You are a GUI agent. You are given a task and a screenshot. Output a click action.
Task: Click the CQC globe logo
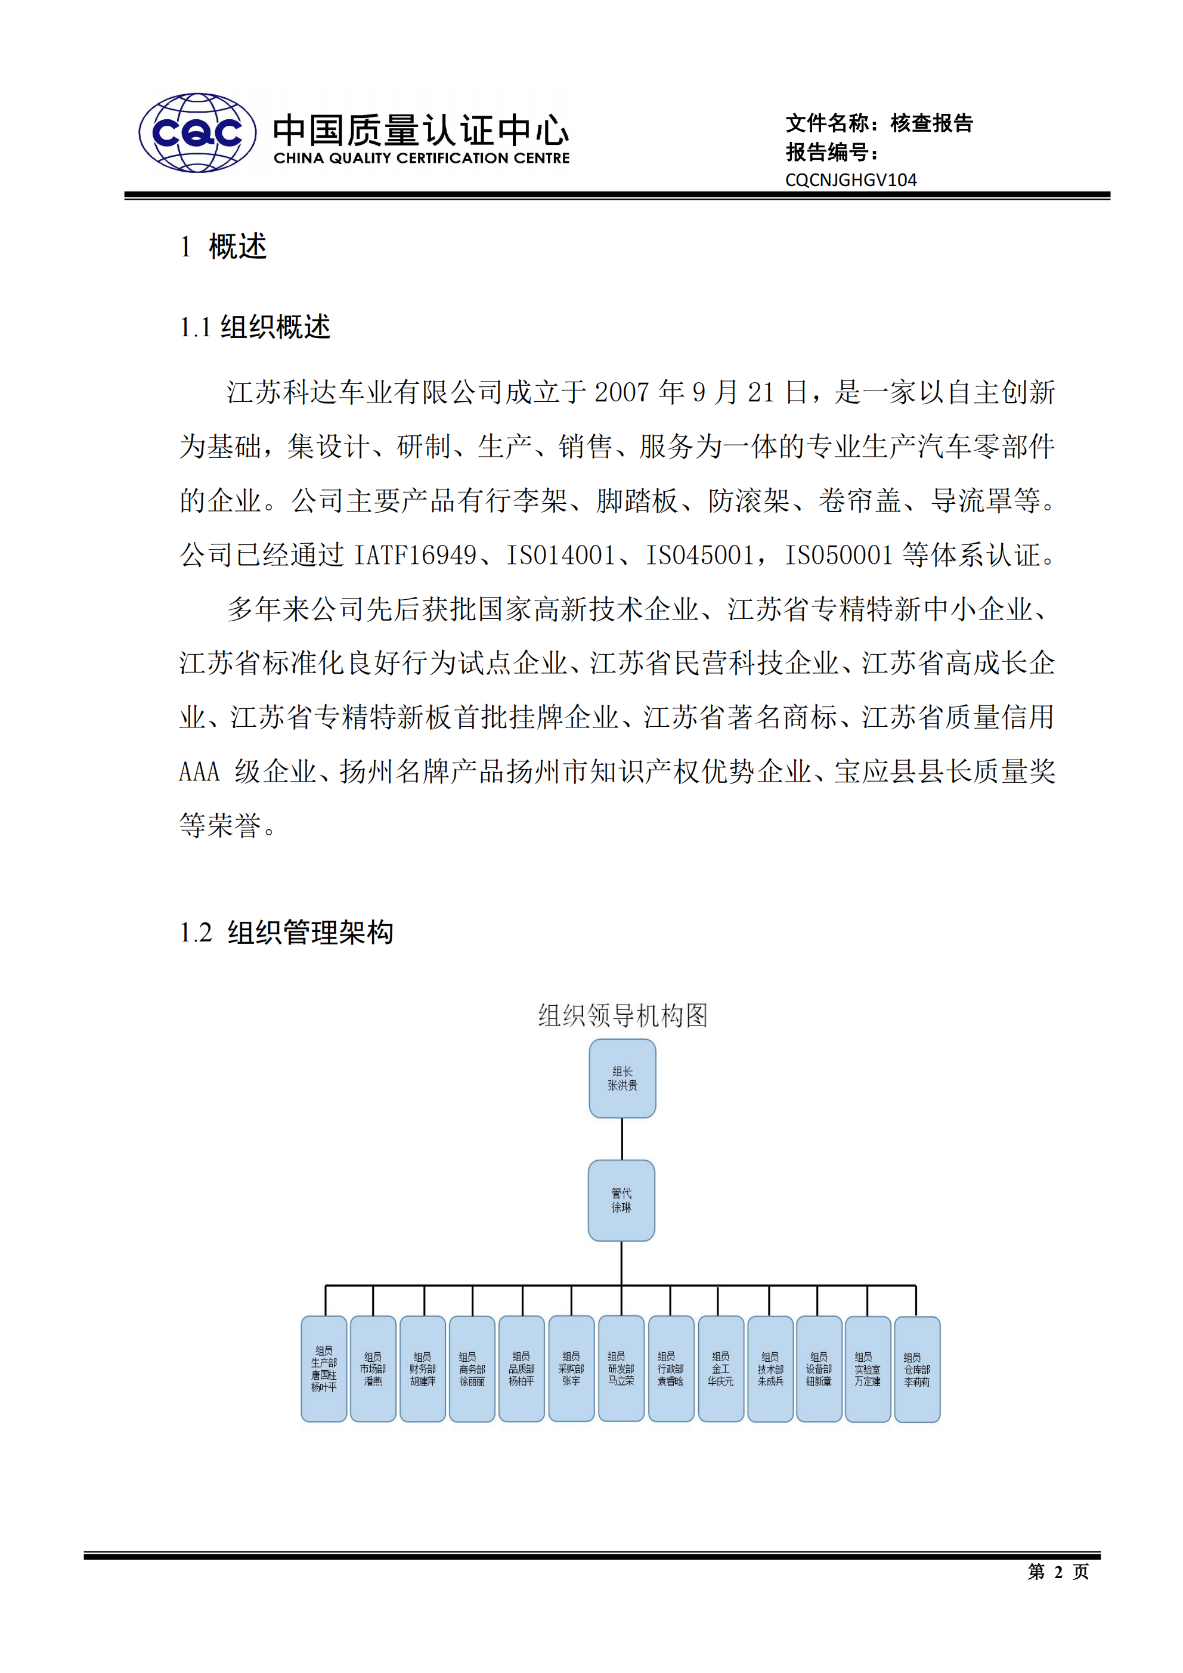(197, 132)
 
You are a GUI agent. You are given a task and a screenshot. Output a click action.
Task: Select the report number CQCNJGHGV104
(851, 180)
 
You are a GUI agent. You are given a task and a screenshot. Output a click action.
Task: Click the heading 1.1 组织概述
(255, 327)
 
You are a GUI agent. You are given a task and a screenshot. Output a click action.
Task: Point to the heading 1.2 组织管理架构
(286, 932)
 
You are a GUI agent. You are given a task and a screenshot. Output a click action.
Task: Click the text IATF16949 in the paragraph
(415, 555)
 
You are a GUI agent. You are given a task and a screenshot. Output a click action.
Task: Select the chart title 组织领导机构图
(623, 1015)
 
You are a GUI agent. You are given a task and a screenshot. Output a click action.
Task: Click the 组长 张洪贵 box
(622, 1079)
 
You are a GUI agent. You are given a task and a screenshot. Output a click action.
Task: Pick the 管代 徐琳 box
(621, 1200)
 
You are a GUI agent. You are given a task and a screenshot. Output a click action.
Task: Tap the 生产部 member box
(324, 1368)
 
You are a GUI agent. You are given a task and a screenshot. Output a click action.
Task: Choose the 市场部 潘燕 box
(373, 1368)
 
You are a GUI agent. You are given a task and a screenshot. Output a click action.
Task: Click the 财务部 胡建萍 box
(422, 1368)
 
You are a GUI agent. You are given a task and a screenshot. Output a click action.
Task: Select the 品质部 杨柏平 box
(521, 1368)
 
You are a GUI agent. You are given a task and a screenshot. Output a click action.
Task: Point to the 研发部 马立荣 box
(621, 1368)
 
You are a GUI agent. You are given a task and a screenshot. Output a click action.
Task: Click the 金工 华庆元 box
(720, 1368)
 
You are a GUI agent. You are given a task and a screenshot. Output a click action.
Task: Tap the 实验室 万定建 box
(868, 1368)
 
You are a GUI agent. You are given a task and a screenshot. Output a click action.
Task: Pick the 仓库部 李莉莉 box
(916, 1369)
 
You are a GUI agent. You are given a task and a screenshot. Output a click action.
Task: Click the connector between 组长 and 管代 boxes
(622, 1139)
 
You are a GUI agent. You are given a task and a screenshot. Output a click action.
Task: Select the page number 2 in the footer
(1058, 1572)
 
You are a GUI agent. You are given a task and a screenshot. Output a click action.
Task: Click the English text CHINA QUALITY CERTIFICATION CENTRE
(422, 158)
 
